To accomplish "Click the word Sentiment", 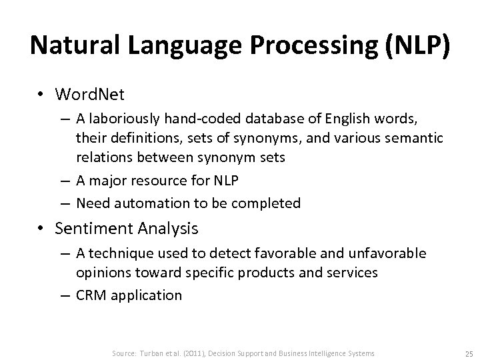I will (88, 229).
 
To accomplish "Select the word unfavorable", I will (391, 253).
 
